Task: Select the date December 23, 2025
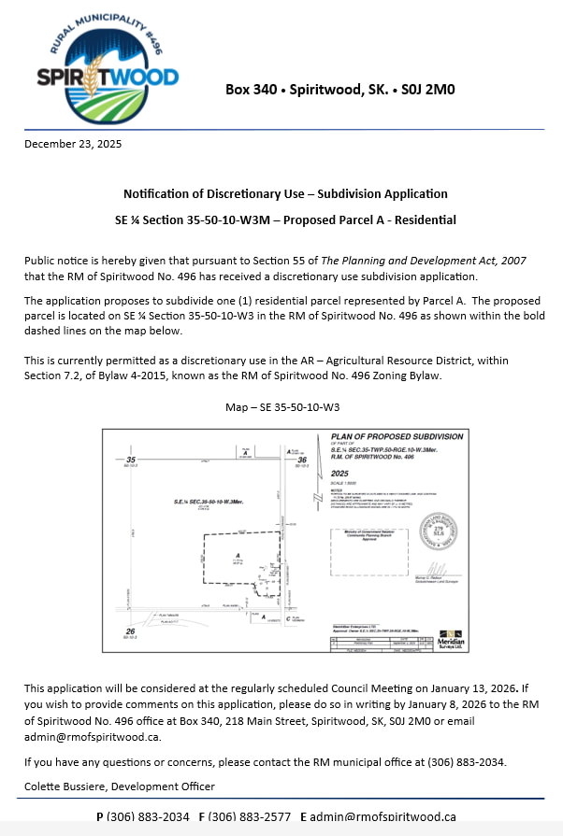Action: click(73, 144)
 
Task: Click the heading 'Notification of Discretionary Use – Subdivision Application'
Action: click(285, 194)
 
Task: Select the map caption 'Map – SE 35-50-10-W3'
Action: click(282, 408)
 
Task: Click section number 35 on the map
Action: click(132, 460)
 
